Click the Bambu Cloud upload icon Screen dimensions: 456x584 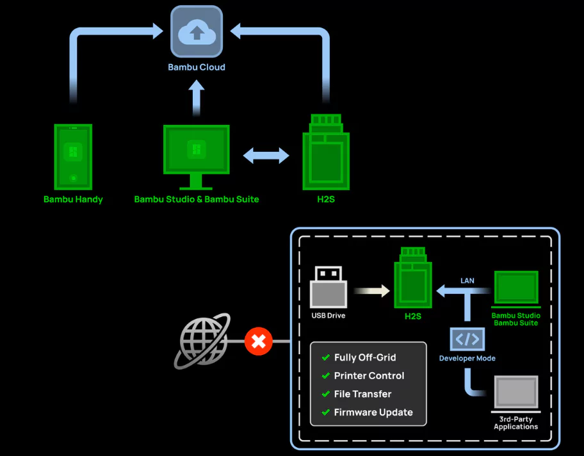click(x=197, y=31)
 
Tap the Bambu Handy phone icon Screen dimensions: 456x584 click(x=73, y=157)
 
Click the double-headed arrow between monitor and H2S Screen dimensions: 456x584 click(x=266, y=155)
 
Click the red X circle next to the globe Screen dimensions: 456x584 click(x=259, y=341)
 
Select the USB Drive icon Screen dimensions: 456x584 click(x=328, y=287)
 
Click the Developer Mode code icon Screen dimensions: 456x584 click(x=467, y=338)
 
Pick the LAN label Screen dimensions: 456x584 click(x=467, y=281)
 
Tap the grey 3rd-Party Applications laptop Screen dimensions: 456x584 click(x=516, y=394)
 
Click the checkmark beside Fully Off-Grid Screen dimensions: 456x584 click(x=325, y=357)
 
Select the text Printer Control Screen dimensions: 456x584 click(x=369, y=375)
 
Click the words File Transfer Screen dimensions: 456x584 click(x=362, y=394)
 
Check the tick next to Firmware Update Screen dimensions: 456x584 click(x=325, y=412)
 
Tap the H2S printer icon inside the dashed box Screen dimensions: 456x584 click(x=414, y=277)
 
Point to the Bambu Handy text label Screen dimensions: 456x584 click(x=73, y=199)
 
